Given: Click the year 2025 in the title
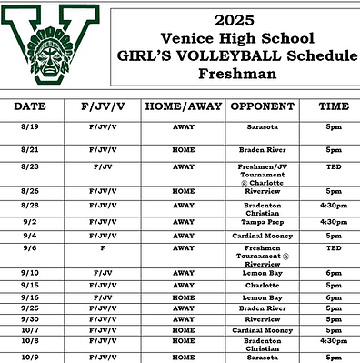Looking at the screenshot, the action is (x=237, y=19).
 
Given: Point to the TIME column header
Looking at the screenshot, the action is (x=334, y=106).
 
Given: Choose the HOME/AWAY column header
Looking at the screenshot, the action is (x=183, y=106).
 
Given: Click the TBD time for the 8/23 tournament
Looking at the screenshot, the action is (x=334, y=168).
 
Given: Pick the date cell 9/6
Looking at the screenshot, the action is (x=30, y=247).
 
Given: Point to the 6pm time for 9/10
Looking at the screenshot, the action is (x=334, y=272).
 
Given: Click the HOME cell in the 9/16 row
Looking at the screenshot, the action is (x=183, y=297).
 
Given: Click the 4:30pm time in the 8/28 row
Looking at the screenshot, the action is (x=334, y=206).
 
